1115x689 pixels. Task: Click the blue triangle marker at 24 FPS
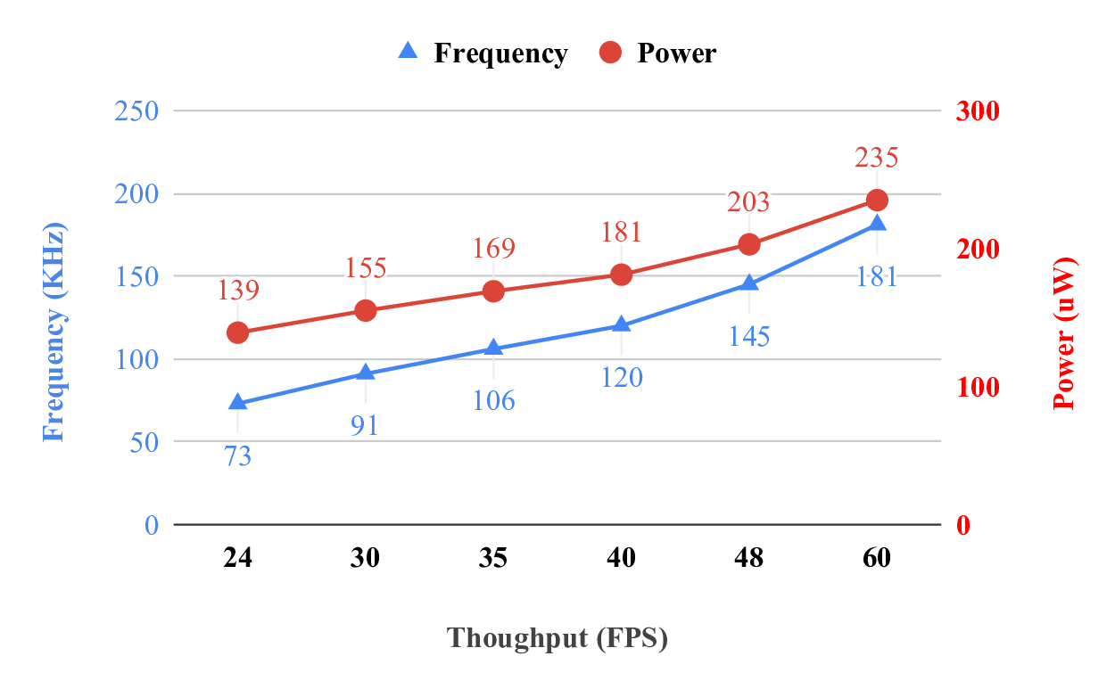tap(237, 403)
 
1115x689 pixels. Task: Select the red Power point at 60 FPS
tap(877, 200)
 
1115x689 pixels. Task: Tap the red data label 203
tap(748, 203)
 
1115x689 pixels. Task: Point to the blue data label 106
tap(493, 400)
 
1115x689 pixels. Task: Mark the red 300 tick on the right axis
tap(978, 111)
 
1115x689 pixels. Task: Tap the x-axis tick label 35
tap(493, 558)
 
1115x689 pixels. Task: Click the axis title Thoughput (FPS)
tap(557, 638)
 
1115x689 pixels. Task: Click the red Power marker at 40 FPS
tap(622, 275)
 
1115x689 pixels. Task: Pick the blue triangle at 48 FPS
tap(749, 283)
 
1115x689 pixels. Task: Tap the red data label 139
tap(237, 291)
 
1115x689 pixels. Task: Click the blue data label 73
tap(237, 456)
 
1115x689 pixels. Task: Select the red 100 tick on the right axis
tap(978, 387)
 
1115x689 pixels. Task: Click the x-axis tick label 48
tap(749, 558)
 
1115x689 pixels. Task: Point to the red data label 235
tap(877, 159)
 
